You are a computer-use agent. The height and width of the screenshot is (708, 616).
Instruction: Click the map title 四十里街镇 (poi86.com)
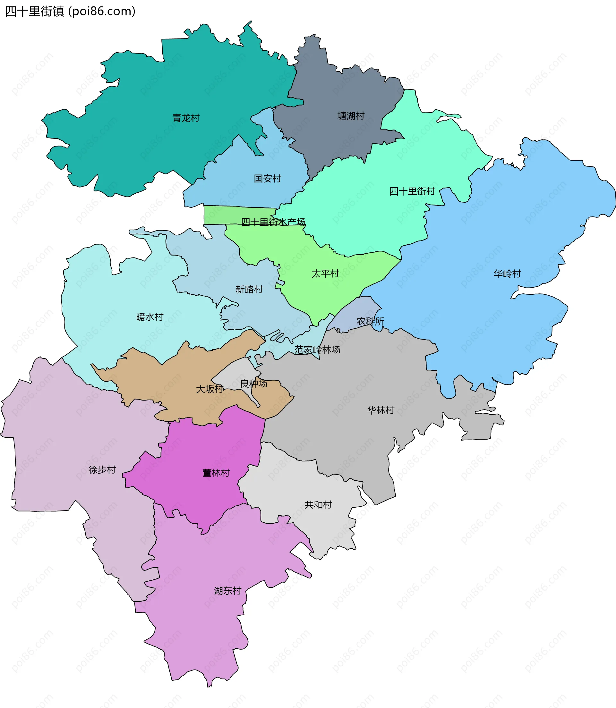71,12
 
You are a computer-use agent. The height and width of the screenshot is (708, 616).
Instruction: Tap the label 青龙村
186,118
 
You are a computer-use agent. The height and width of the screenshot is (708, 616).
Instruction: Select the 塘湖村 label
351,116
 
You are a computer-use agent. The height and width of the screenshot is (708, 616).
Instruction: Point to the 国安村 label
268,179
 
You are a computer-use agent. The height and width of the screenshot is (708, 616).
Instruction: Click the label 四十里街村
412,191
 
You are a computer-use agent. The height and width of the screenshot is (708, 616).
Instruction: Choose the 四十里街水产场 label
273,222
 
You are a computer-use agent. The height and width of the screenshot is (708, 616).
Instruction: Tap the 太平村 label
325,274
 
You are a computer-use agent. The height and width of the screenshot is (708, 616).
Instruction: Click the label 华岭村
507,274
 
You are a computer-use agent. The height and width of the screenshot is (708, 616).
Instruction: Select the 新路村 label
249,290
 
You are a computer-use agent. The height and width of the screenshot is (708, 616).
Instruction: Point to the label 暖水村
150,317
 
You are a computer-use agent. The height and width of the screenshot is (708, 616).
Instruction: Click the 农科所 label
370,322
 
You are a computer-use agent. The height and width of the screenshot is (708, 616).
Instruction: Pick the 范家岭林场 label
317,350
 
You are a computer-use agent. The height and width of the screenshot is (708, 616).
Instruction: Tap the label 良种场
254,383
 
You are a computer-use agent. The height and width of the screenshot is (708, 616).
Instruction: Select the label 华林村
381,410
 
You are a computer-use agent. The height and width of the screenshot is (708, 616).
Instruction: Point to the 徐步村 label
102,470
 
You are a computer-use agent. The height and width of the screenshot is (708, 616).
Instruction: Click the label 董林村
216,473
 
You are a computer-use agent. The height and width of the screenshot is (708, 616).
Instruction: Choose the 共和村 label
318,505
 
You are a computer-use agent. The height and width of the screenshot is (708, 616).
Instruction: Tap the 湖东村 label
227,591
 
